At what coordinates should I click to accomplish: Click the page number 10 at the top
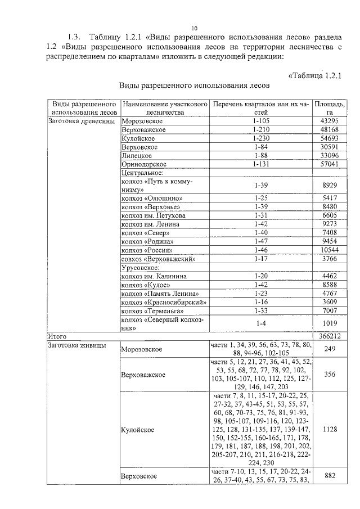click(194, 28)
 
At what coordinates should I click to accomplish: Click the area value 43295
click(330, 121)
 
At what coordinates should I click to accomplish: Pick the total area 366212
click(330, 336)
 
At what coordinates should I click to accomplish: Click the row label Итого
click(57, 336)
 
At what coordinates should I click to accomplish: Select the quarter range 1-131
click(262, 164)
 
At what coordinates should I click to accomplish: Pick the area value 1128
click(330, 428)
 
